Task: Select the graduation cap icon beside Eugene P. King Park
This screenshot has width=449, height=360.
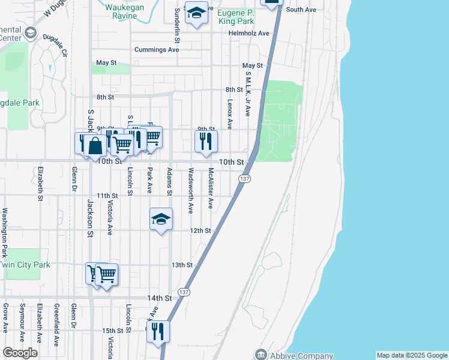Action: pos(196,13)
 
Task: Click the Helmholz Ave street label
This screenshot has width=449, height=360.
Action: pos(249,33)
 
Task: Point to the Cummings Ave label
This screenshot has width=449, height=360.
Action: pos(157,50)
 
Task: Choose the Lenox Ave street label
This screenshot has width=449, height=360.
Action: pos(230,115)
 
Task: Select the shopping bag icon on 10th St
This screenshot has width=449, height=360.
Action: pos(95,145)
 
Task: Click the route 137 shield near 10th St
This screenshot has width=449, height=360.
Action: pos(244,179)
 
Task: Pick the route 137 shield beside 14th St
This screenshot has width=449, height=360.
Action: pos(184,292)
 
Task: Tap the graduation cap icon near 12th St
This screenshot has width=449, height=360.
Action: pos(161,220)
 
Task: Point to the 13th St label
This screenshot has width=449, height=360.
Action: pos(182,265)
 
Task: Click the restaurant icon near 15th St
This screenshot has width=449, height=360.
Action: pos(158,331)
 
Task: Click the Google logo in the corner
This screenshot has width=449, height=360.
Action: pos(20,353)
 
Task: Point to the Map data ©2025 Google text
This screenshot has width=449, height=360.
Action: pos(412,355)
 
